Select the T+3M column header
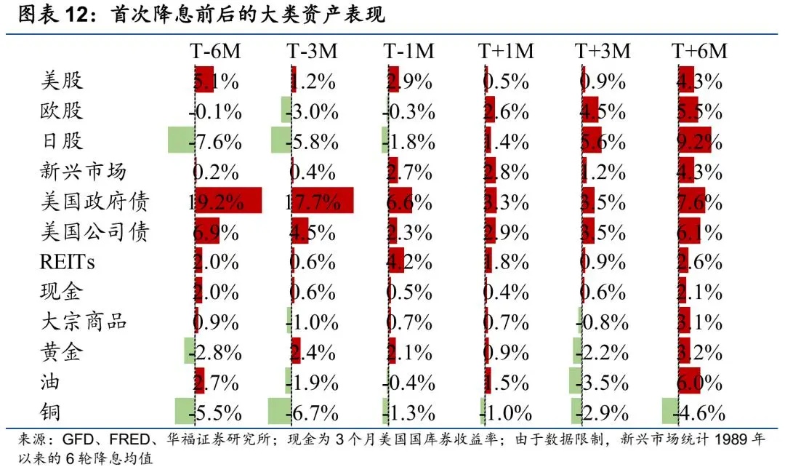click(x=603, y=51)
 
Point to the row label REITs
click(x=67, y=261)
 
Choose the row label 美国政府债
click(x=93, y=201)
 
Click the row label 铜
click(x=50, y=412)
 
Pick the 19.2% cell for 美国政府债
click(x=217, y=201)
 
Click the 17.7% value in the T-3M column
click(x=313, y=201)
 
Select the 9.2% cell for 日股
click(x=699, y=141)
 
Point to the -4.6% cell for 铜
click(x=699, y=413)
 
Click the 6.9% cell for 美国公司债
click(x=217, y=232)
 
